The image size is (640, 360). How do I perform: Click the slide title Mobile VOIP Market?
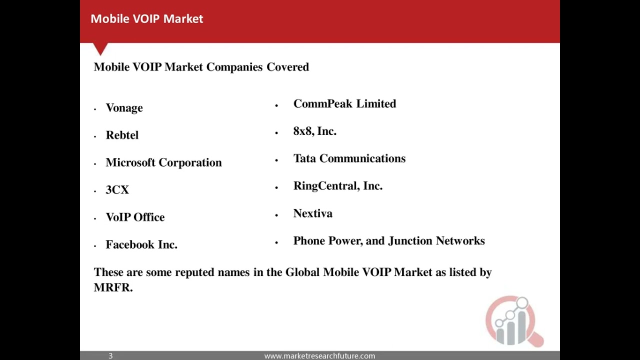coord(146,19)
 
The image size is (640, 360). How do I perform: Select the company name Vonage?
coord(124,108)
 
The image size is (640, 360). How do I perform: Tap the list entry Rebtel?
coord(122,135)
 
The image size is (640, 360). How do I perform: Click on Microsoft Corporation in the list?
coord(163,163)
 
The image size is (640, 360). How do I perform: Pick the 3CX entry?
coord(117,190)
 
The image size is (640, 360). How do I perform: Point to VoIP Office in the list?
coord(135,217)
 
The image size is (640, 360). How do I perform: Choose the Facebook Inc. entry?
coord(141,244)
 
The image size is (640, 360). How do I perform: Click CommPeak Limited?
coord(344,104)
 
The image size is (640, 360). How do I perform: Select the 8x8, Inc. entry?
coord(314,131)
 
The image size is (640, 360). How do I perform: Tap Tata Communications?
coord(349,158)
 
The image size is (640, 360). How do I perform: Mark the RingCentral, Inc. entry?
coord(337,186)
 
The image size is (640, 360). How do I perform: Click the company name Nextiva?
coord(312,213)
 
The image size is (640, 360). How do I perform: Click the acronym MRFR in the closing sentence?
coord(112,287)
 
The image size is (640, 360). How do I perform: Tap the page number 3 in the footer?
coord(110,356)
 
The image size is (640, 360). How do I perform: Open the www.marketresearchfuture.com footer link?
coord(319,356)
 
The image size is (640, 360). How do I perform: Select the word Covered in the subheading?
coord(287,67)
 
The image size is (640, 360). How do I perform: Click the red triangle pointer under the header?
coord(100,48)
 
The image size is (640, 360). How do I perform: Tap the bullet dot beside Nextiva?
coord(276,215)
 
